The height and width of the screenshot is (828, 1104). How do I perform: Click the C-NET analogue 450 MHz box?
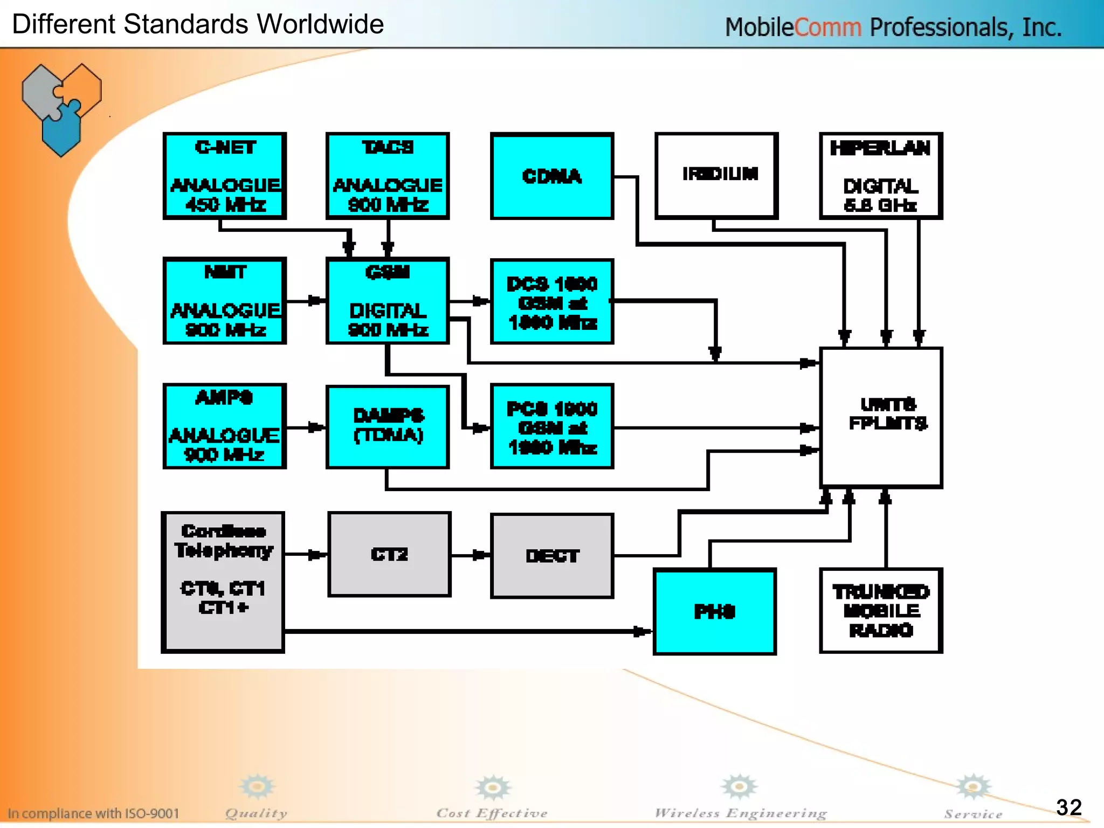pos(225,176)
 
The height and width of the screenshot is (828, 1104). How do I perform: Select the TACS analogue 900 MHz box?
pos(388,176)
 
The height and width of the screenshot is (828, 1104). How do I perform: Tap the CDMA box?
pos(552,176)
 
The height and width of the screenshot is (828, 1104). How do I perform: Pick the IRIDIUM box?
pos(716,176)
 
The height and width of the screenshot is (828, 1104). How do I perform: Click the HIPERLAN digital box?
pos(881,176)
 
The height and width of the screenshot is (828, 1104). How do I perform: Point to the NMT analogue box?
pos(225,301)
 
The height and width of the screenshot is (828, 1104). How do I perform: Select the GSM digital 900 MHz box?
pos(388,301)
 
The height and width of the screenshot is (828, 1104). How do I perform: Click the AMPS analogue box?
pos(225,426)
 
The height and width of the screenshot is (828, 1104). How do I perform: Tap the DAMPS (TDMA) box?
pos(388,426)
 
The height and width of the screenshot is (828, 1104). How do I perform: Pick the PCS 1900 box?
pos(552,426)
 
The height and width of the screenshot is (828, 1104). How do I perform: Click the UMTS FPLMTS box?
pos(881,418)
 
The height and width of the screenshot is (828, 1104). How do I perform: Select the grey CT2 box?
pos(389,554)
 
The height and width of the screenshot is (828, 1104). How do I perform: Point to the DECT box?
pos(552,555)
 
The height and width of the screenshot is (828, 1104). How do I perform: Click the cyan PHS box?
pos(715,612)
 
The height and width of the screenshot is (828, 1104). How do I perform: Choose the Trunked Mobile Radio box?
pos(881,611)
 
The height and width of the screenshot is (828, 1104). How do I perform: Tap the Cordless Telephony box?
pos(223,582)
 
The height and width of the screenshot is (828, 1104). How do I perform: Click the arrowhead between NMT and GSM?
pos(316,301)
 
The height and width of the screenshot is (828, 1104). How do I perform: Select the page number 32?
pos(1068,808)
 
